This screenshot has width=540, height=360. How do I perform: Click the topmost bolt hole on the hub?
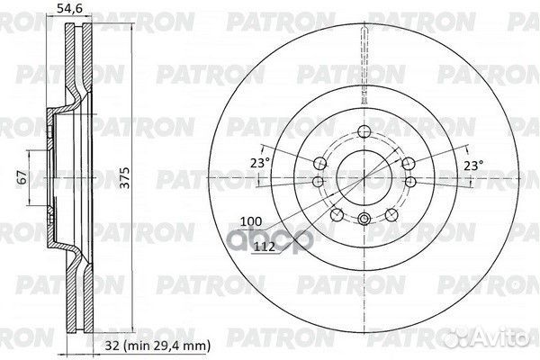pos(362,125)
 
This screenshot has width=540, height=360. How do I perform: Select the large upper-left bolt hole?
pos(320,163)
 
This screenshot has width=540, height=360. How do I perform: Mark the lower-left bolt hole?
pos(336,215)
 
